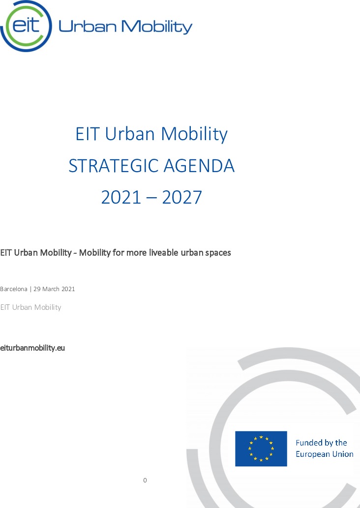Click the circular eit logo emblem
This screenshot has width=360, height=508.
(26, 26)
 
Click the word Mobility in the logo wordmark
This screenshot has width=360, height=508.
(157, 27)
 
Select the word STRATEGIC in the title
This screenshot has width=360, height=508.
(114, 166)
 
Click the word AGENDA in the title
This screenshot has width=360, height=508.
(199, 166)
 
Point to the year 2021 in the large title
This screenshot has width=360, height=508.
(121, 197)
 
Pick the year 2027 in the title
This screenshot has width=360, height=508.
(182, 197)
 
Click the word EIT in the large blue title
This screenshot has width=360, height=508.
(88, 134)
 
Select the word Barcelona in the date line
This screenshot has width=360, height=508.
(14, 289)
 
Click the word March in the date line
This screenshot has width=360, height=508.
(51, 289)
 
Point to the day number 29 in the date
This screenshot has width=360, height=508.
(37, 289)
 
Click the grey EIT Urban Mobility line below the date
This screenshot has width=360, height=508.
(30, 307)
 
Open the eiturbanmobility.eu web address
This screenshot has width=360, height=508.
(32, 348)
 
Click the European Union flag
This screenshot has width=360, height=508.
(261, 448)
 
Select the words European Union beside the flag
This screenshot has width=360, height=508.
(325, 454)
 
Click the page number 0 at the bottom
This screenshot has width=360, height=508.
(145, 480)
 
